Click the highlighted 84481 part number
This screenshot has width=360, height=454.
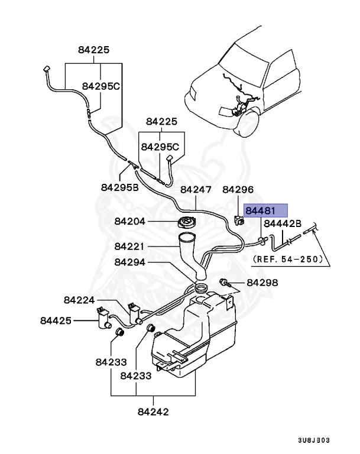265,211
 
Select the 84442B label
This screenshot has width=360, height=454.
283,223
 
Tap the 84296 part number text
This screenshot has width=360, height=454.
238,190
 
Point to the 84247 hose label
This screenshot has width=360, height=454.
196,190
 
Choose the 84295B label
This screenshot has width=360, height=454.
119,187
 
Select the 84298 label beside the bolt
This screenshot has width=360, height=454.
262,283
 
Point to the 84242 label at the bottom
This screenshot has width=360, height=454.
153,411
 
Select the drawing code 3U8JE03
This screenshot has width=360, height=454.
314,440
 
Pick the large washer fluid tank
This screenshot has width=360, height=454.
195,340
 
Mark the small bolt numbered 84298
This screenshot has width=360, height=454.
225,282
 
